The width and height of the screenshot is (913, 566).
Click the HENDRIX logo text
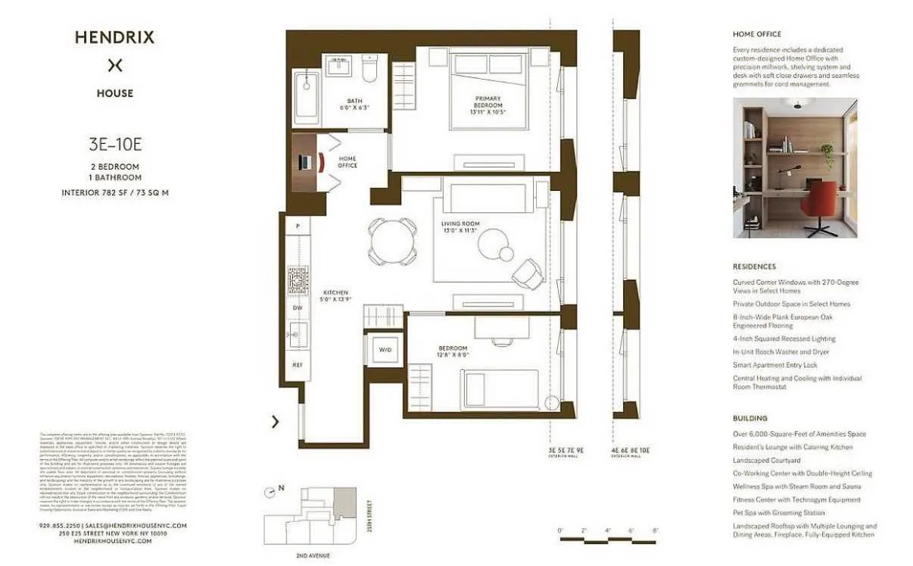114,37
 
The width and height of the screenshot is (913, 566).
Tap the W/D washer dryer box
385,350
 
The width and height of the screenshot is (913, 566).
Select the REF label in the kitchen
298,365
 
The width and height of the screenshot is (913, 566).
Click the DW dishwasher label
298,308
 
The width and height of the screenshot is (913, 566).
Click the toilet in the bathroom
369,70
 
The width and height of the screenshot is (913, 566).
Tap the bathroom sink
336,69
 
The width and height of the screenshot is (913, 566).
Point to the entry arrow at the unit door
275,422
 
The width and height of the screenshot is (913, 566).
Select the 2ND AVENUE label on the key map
312,556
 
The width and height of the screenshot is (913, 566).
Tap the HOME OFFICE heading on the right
756,34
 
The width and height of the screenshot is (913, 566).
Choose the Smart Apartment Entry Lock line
775,365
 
